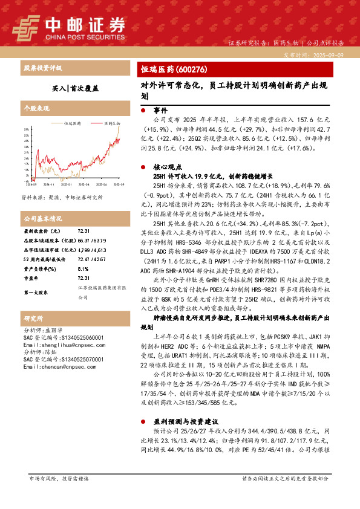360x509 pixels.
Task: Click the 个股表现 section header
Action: [36, 109]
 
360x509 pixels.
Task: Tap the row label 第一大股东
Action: [36, 292]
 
